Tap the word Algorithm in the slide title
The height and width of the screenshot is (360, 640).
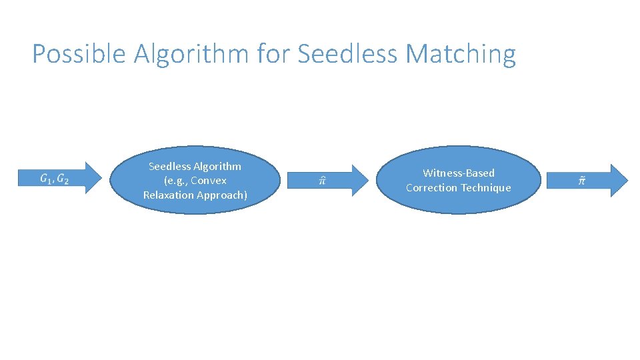point(191,54)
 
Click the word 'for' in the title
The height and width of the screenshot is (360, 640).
point(273,54)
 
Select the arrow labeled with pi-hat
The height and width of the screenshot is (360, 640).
point(327,179)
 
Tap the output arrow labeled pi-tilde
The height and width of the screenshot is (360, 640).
point(587,180)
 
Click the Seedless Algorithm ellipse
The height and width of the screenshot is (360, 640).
point(195,180)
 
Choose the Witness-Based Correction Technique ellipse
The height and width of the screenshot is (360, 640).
point(459,180)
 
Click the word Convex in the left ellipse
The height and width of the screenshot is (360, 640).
point(209,181)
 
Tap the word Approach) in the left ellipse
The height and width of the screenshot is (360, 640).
point(221,195)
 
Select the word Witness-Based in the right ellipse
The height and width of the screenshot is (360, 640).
point(459,173)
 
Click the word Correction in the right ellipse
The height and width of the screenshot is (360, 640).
point(431,188)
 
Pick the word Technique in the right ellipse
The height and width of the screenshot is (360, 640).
point(485,188)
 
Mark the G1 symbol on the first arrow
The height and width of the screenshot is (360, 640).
point(45,179)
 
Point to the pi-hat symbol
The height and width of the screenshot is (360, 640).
point(321,180)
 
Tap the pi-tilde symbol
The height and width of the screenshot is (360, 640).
point(581,180)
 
